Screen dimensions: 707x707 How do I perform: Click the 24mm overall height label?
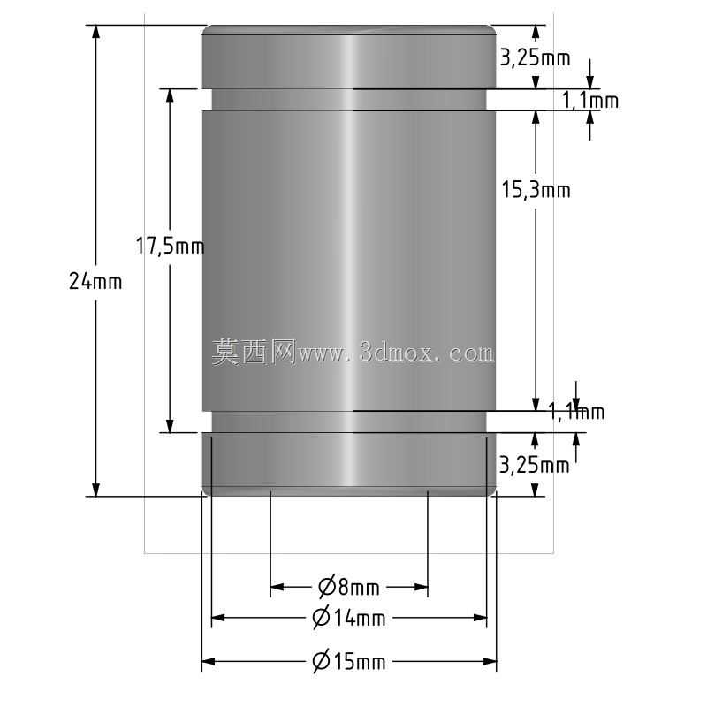(95, 282)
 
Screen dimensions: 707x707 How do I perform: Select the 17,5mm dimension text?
(170, 247)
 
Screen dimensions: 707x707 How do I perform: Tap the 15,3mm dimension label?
(536, 190)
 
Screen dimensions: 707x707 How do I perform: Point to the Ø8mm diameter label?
(349, 587)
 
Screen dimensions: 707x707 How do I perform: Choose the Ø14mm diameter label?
(349, 617)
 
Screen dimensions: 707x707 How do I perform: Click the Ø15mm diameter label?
(349, 661)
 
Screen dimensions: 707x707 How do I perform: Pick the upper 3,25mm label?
(536, 58)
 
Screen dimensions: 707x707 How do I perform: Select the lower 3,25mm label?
(535, 466)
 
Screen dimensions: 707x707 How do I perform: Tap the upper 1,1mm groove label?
(590, 100)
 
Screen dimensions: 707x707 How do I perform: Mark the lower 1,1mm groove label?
(576, 412)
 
